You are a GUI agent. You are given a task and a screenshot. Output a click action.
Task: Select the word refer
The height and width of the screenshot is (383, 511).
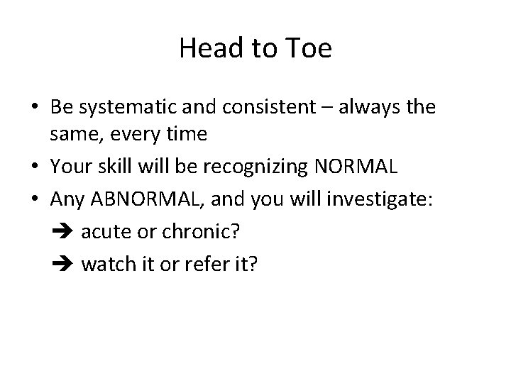click(200, 265)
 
